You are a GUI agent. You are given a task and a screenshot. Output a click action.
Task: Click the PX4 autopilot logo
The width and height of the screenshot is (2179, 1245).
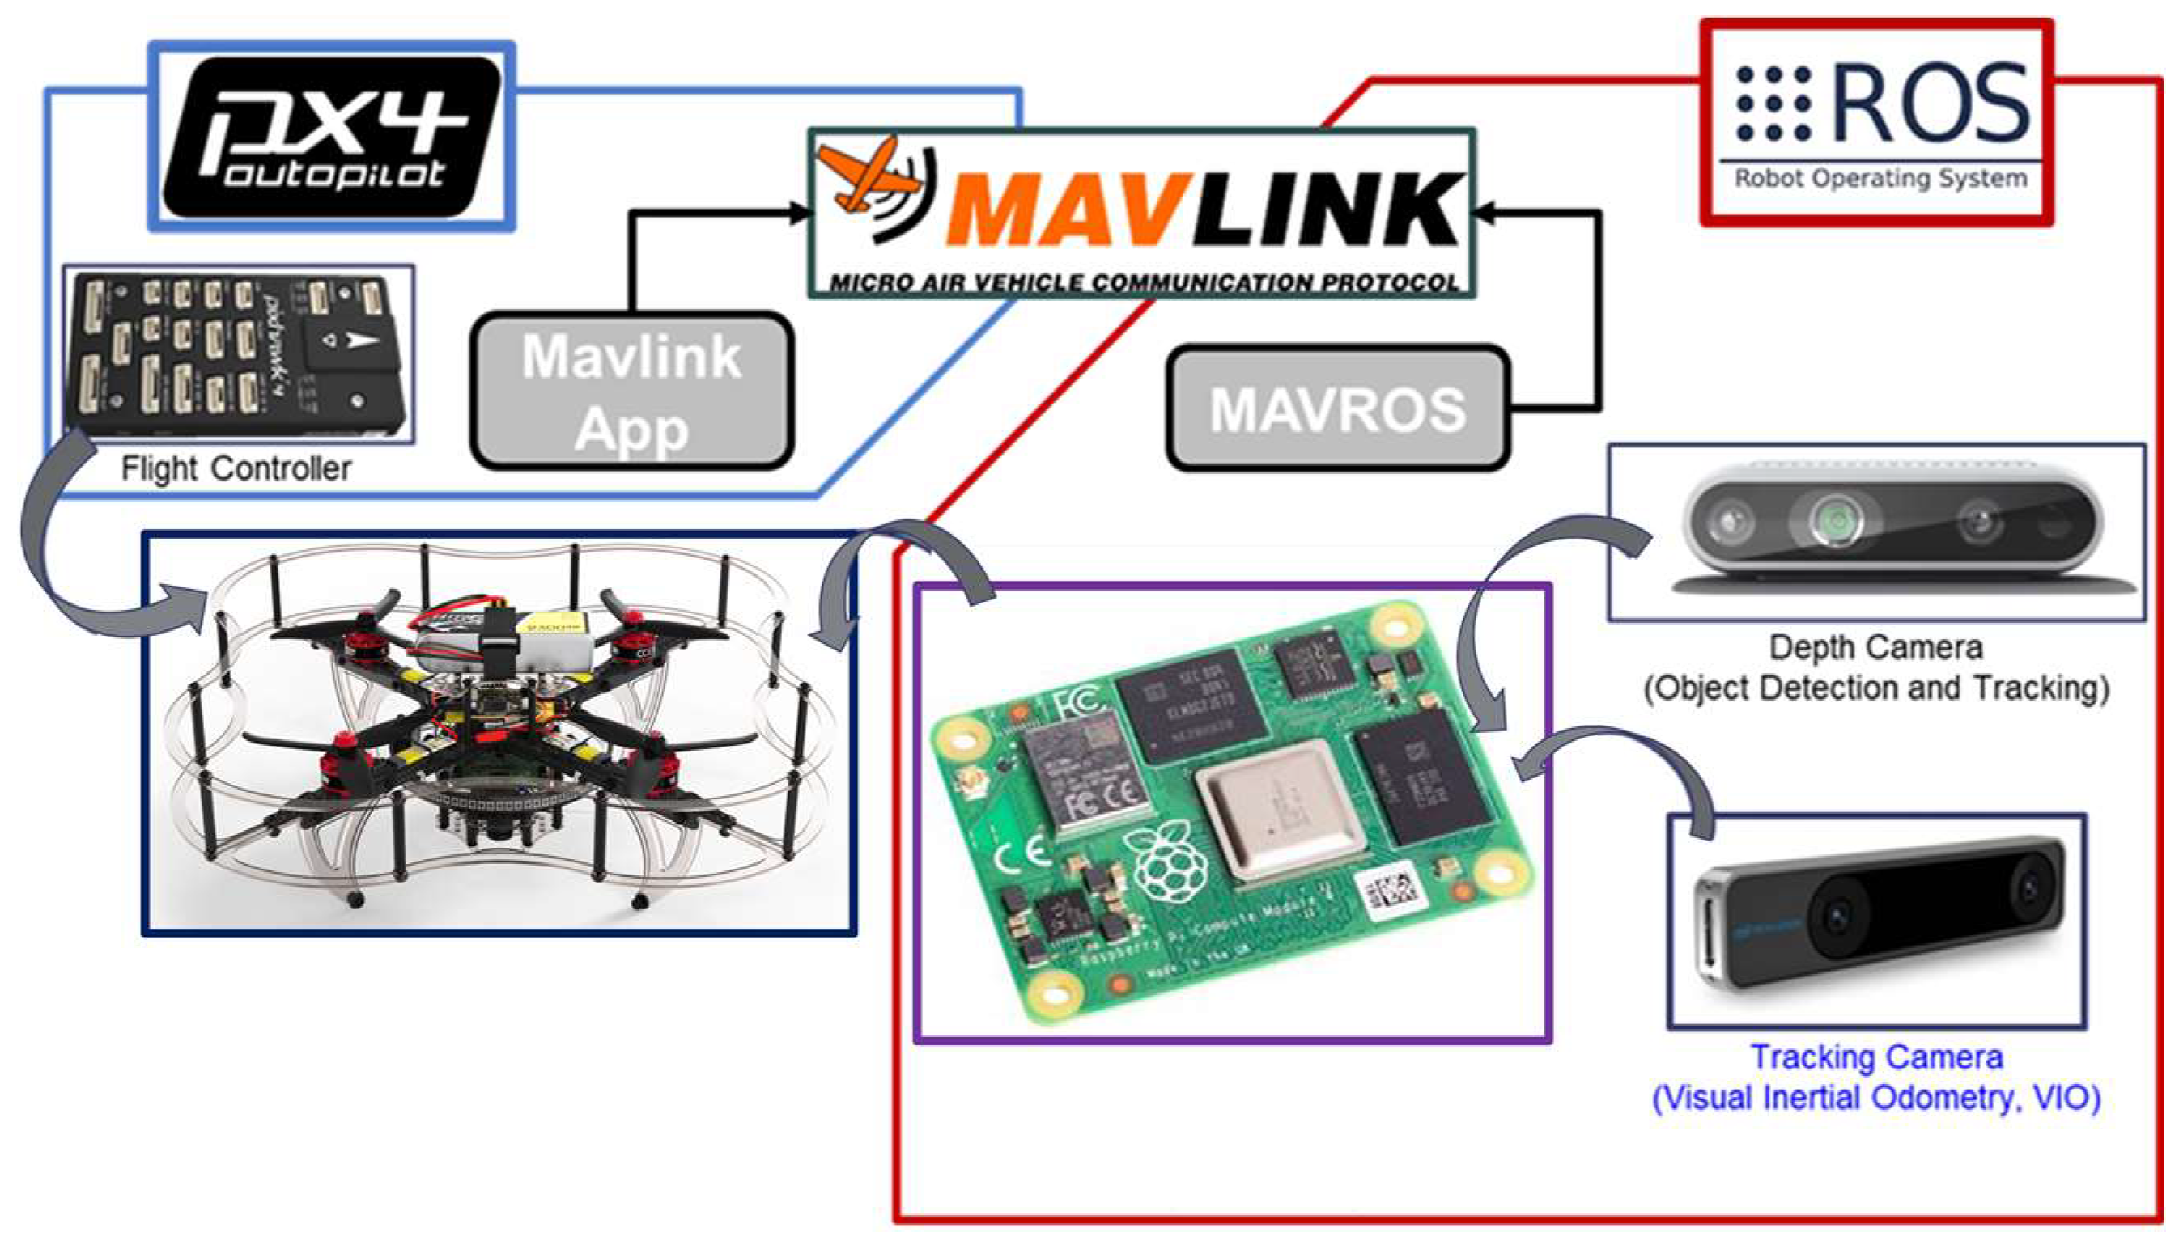[x=332, y=135]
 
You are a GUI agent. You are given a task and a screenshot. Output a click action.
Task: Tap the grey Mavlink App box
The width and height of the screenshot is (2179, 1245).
[x=632, y=391]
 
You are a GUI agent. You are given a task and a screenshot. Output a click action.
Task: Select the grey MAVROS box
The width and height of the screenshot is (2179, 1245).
[x=1337, y=409]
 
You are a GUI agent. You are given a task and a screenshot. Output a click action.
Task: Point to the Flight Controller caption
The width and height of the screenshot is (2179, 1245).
[x=236, y=468]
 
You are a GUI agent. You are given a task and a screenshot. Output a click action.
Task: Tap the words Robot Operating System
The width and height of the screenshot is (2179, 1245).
[x=1880, y=179]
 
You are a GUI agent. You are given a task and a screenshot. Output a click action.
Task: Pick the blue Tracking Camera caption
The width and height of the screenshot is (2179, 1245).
[x=1876, y=1078]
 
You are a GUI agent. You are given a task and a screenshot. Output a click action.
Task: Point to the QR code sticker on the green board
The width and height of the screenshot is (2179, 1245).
[x=1393, y=894]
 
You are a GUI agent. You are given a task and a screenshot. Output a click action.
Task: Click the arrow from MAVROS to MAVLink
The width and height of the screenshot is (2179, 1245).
[x=1596, y=308]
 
